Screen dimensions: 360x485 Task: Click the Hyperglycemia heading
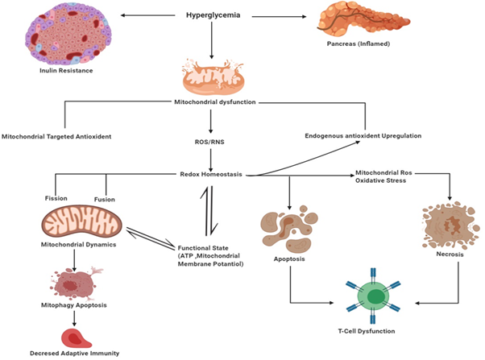point(212,14)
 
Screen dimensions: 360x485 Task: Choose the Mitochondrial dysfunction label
point(212,101)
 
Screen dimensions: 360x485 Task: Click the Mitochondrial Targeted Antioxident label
point(56,136)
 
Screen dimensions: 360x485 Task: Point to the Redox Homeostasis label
point(212,173)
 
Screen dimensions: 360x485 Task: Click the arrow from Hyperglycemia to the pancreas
point(278,14)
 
